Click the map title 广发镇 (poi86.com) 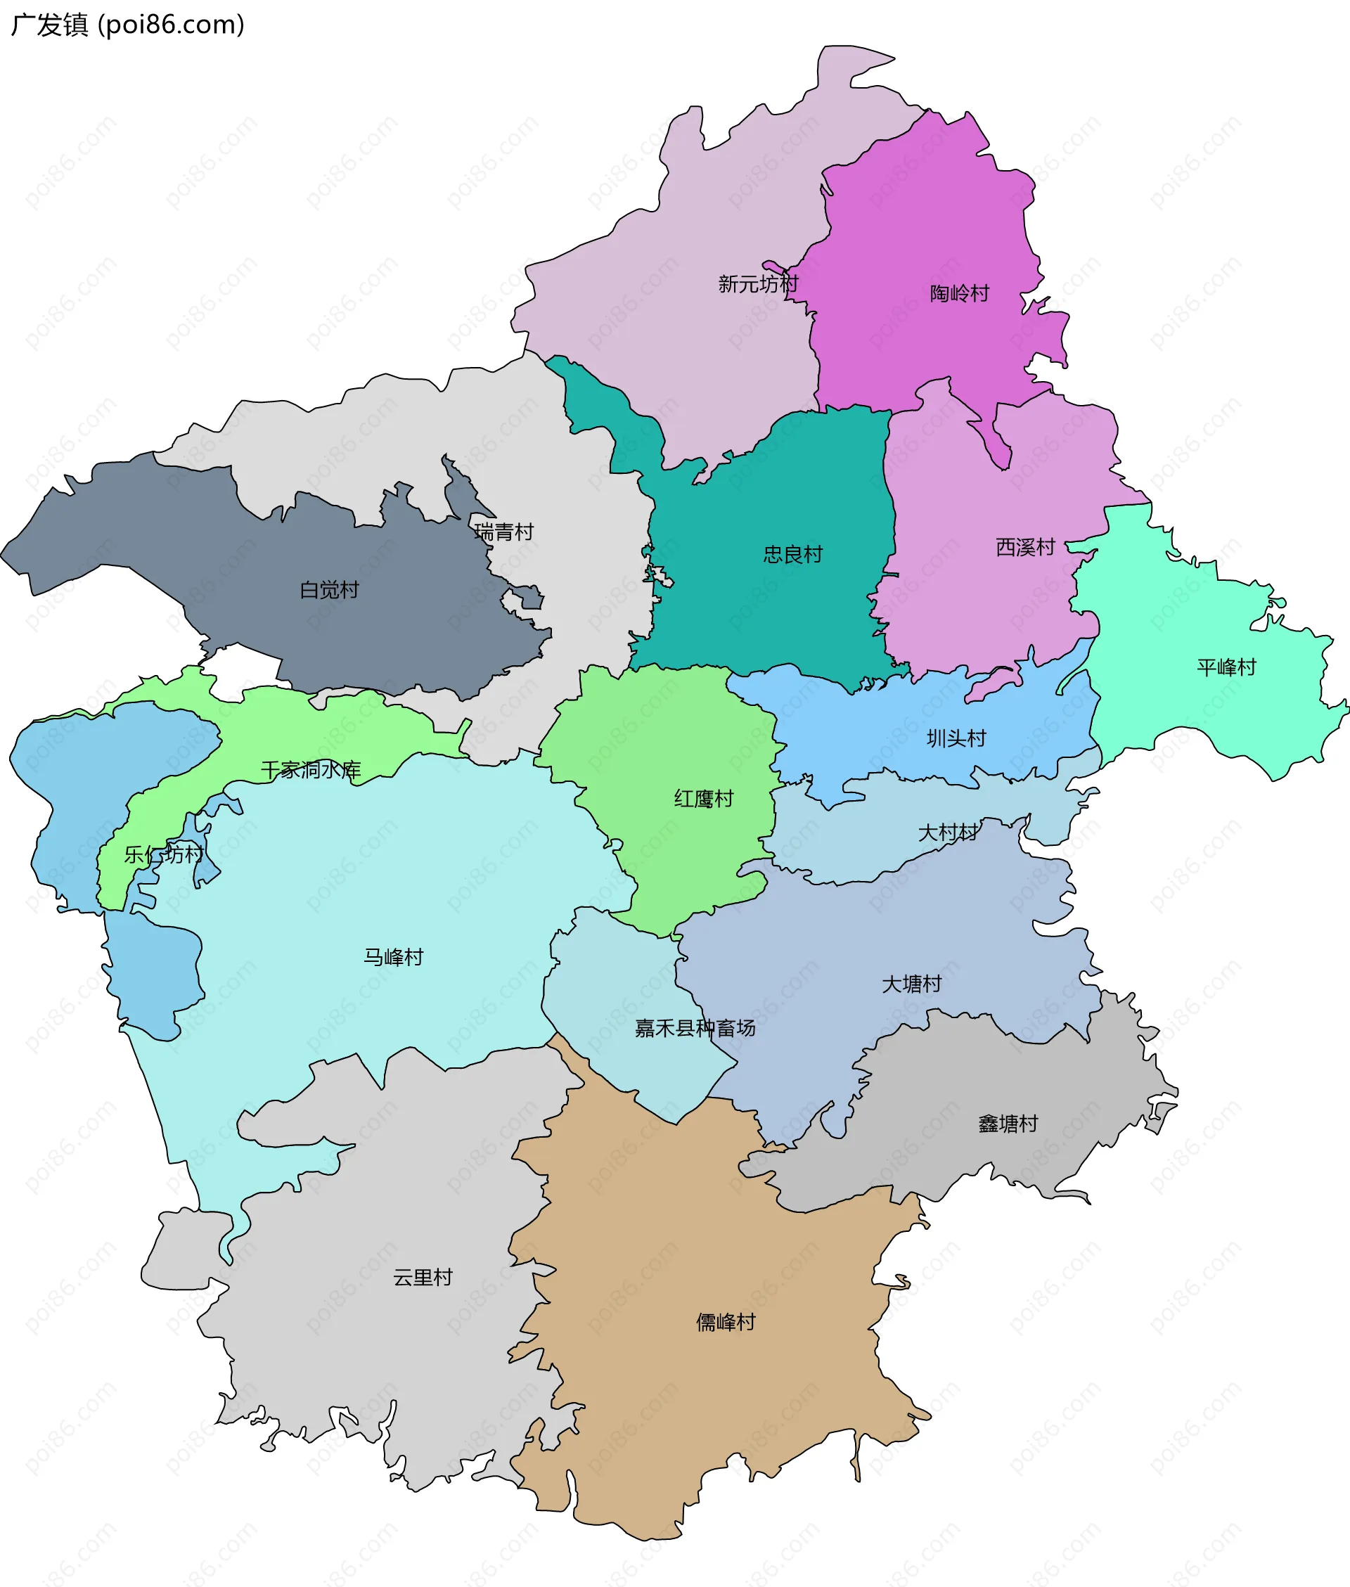point(128,25)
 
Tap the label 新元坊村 point(758,284)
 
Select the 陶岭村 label point(959,293)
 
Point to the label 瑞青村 point(503,532)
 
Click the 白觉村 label point(329,590)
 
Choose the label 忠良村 point(793,554)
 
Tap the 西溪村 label point(1024,547)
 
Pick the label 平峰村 point(1226,667)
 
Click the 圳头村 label point(956,738)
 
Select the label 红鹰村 point(703,799)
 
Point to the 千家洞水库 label point(311,770)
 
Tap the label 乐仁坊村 point(164,855)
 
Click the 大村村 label point(947,833)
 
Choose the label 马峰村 point(393,957)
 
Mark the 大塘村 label point(911,984)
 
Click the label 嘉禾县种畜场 point(695,1029)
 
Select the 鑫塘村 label point(1008,1124)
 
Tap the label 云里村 point(423,1277)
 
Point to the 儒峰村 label point(726,1322)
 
